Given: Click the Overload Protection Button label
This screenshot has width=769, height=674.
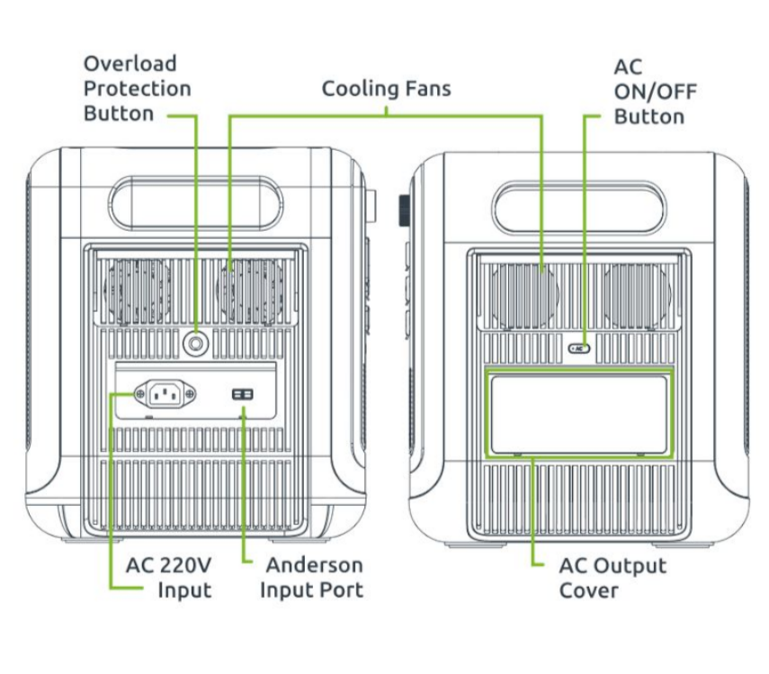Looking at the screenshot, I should [137, 89].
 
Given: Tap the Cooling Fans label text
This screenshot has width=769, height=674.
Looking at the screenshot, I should [386, 89].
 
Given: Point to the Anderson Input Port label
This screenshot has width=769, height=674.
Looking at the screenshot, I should [311, 578].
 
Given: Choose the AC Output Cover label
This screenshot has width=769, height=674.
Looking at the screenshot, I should [612, 578].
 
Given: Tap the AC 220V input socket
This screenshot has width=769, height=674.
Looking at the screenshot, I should [165, 393].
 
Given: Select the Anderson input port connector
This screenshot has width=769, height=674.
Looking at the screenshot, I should [243, 395].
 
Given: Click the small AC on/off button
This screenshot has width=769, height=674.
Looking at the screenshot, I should [580, 347].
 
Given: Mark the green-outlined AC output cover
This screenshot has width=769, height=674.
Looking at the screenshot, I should [578, 413].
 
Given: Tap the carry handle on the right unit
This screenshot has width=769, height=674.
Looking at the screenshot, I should [580, 205].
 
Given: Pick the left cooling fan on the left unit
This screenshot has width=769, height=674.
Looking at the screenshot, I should [137, 289].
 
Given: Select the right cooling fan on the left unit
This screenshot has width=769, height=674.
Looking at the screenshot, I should [249, 289].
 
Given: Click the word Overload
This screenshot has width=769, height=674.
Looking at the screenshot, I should [130, 65].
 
